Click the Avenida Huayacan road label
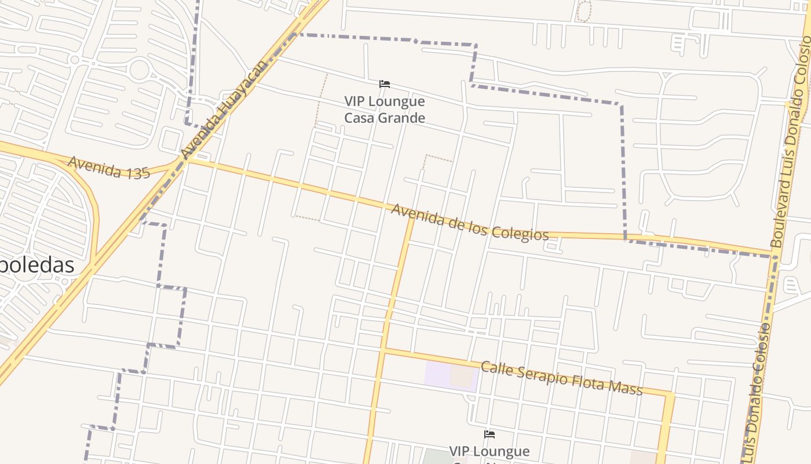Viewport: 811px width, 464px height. [x=224, y=110]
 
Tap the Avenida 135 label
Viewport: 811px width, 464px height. [x=109, y=167]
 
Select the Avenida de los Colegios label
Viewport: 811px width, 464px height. [x=469, y=222]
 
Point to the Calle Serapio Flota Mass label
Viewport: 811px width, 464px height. [x=561, y=378]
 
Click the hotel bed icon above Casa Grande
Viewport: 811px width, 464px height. [x=384, y=85]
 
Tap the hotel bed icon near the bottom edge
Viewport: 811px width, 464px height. [x=489, y=434]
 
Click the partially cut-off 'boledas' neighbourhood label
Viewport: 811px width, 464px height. [x=37, y=265]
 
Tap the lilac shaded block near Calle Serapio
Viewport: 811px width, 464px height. [x=440, y=374]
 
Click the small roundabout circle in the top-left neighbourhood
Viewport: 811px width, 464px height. [x=74, y=60]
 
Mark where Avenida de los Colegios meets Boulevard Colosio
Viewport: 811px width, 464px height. [x=775, y=256]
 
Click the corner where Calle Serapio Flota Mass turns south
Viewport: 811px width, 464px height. [x=670, y=396]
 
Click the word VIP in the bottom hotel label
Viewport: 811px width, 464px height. [x=464, y=451]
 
